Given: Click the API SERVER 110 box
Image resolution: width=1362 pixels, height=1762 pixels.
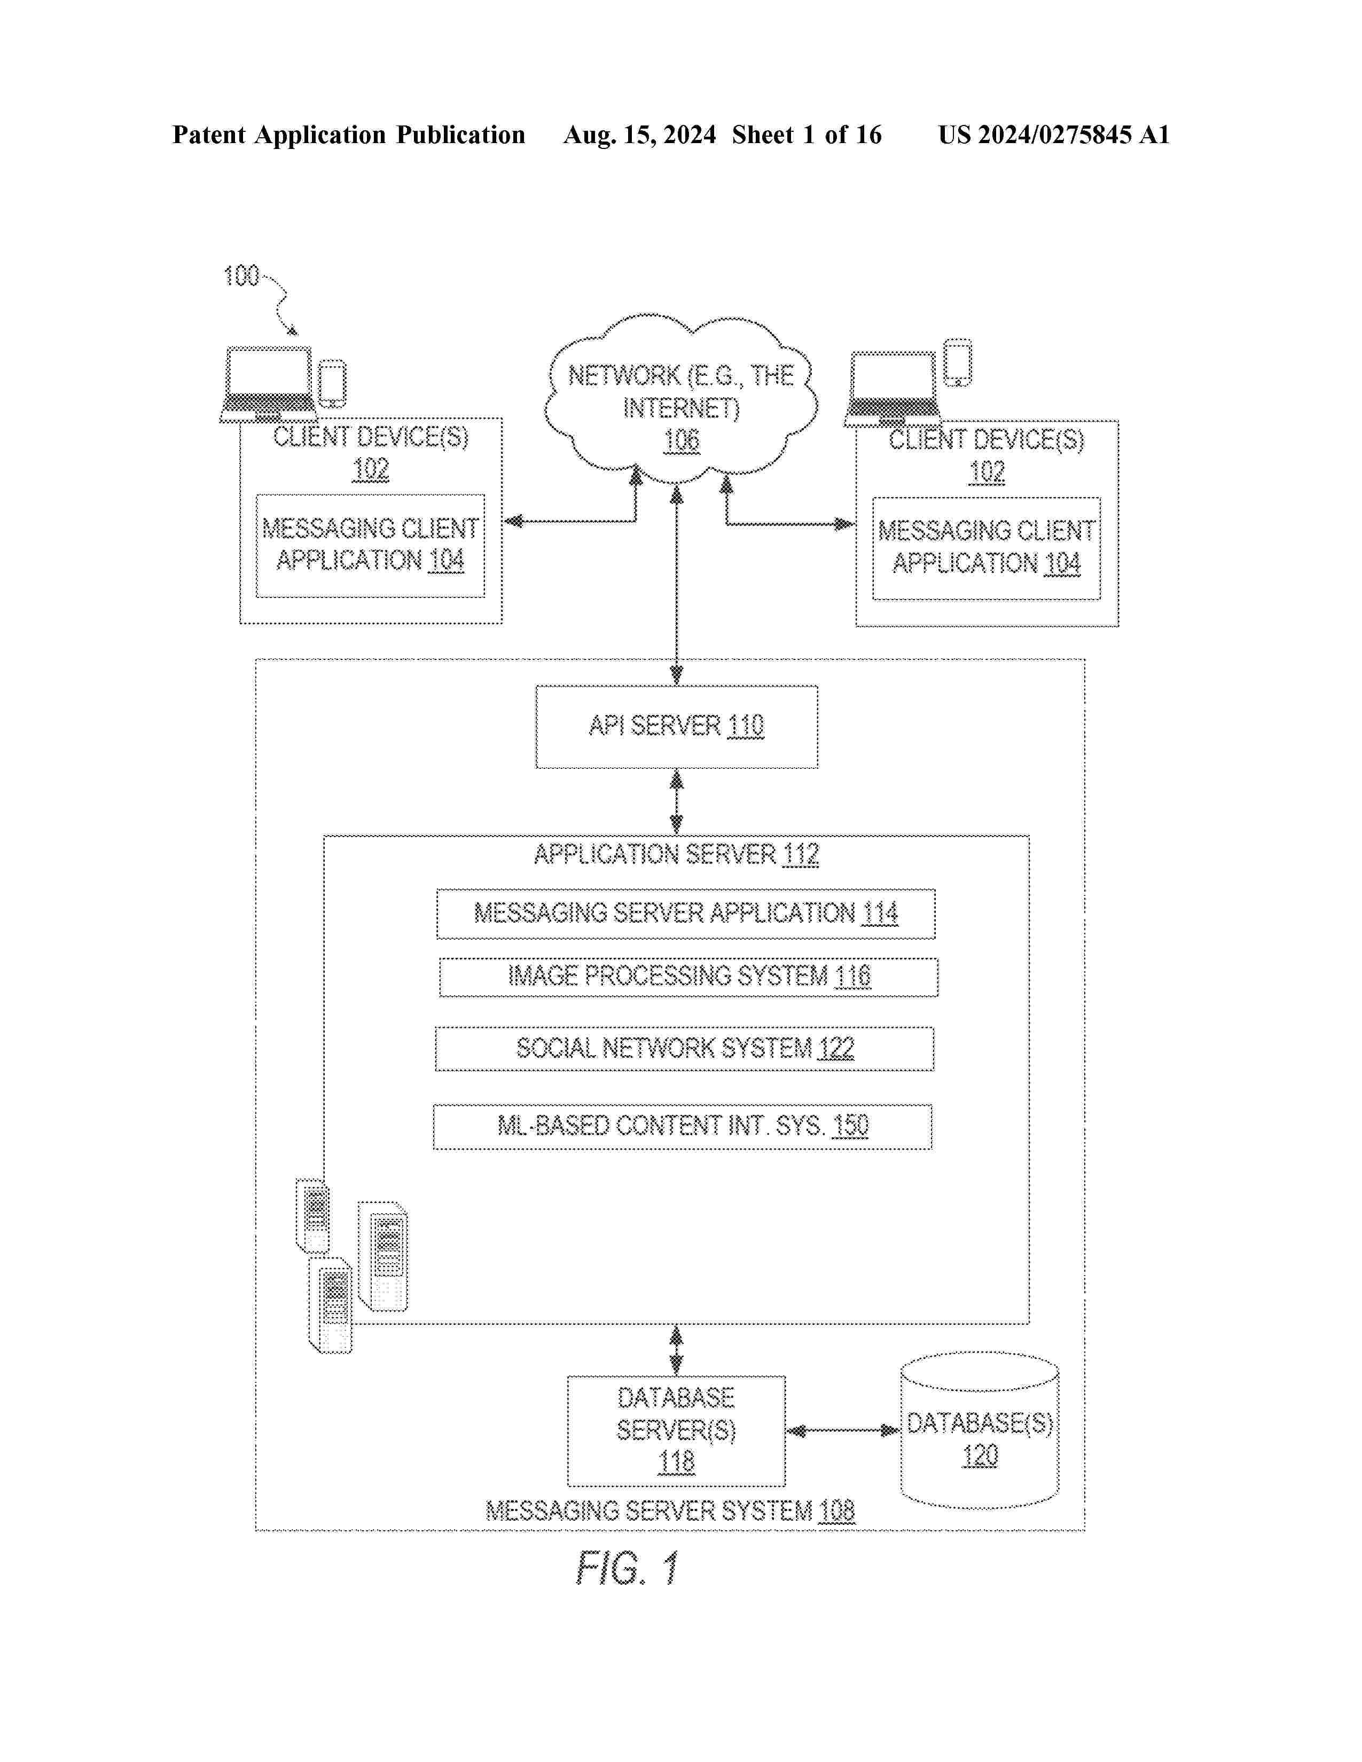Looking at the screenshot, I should click(x=676, y=726).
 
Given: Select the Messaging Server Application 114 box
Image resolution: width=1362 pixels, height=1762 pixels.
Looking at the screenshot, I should click(x=686, y=913).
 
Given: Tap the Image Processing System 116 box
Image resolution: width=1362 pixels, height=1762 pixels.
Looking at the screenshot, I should click(x=688, y=977).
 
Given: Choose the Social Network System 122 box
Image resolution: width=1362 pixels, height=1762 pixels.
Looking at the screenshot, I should click(x=684, y=1048).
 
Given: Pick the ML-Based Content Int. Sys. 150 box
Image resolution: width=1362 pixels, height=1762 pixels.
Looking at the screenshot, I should click(x=683, y=1126).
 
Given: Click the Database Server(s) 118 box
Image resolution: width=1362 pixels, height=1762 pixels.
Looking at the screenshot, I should click(x=676, y=1430).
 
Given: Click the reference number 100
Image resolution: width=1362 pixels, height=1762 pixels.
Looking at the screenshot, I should click(x=240, y=277).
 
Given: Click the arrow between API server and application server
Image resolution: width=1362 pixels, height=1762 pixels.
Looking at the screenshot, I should click(x=676, y=802).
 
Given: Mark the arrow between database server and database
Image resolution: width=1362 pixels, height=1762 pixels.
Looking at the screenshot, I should click(x=842, y=1431).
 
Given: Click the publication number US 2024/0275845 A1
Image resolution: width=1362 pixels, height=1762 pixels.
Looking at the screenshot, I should click(x=1053, y=135).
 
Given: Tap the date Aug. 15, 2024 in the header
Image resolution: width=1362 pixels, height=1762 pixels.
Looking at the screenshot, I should click(x=639, y=135).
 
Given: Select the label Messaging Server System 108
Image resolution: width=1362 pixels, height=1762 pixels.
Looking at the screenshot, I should click(x=670, y=1511).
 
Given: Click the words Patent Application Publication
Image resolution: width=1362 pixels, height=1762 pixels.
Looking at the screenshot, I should click(x=349, y=135).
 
